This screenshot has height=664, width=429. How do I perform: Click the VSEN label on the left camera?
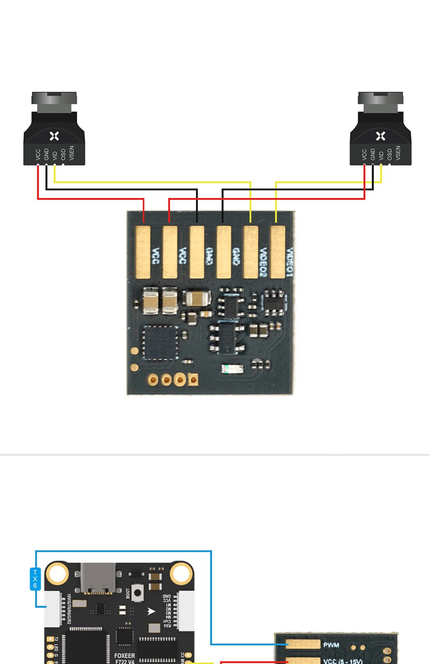[72, 153]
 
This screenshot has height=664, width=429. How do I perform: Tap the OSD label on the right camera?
[390, 154]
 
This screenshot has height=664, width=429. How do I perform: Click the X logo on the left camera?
[54, 136]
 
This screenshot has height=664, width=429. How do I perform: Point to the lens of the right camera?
[380, 102]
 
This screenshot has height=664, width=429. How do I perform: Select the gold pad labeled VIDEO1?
[277, 252]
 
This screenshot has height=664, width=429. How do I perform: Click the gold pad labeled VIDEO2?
[250, 252]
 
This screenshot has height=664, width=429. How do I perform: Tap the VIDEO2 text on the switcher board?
[263, 262]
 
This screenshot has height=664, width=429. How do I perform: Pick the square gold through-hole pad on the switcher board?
[193, 380]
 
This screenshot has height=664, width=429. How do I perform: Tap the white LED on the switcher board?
[232, 369]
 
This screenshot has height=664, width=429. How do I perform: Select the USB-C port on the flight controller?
[98, 578]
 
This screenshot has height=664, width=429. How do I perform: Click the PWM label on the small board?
[331, 645]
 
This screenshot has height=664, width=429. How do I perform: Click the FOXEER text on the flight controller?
[125, 656]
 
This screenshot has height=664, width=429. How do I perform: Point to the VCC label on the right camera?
[364, 154]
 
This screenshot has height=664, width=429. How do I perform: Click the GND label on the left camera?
[46, 154]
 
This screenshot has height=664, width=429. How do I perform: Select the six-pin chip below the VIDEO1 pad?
[274, 303]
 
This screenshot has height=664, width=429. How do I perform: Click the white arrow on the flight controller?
[151, 611]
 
